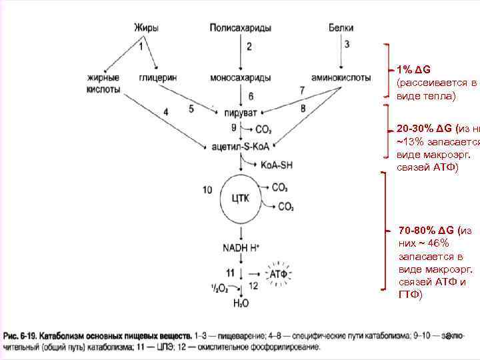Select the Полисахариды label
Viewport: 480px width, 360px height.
click(x=240, y=28)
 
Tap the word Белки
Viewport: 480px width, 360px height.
click(x=341, y=28)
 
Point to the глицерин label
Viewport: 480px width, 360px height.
click(x=157, y=77)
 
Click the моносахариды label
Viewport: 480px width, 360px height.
click(x=240, y=77)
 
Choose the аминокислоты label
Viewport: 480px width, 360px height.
click(x=341, y=77)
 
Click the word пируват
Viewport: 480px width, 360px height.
click(x=241, y=111)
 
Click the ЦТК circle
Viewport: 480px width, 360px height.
click(x=241, y=199)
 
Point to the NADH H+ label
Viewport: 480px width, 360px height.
click(x=241, y=249)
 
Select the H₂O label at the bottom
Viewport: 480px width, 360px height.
click(x=241, y=303)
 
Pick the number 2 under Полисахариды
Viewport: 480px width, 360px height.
click(x=249, y=47)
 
